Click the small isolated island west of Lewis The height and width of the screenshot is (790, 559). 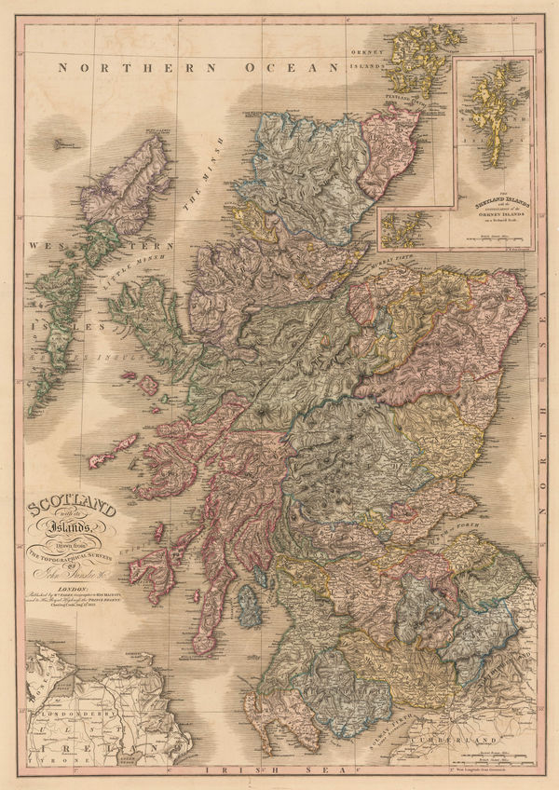point(59,143)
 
